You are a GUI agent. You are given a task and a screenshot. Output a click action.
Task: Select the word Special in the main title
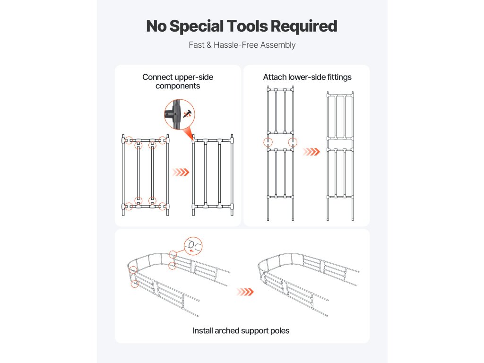coord(195,26)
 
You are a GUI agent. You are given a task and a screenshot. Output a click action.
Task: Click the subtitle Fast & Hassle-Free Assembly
coord(242,45)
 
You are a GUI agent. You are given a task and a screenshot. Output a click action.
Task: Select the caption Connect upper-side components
coord(178,81)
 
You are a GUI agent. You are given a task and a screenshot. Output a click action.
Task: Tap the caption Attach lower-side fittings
coord(307,77)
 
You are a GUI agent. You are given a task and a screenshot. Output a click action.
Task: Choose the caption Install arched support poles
coord(241,330)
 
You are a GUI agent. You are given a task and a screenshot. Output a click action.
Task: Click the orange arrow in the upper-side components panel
coord(180,172)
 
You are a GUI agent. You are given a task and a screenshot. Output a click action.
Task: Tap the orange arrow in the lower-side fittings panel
coord(310,152)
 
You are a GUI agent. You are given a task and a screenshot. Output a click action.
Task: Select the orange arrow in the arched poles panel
coord(245,292)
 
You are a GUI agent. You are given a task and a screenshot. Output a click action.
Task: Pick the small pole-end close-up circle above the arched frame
coord(193,245)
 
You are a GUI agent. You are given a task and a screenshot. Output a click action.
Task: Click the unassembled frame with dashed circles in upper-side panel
coord(146,175)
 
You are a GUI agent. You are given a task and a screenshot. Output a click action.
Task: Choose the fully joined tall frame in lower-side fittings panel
coord(340,156)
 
